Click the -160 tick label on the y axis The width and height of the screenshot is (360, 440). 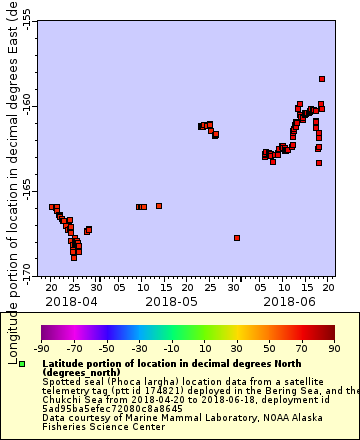[x=27, y=105]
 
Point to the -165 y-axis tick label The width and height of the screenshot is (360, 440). [x=27, y=190]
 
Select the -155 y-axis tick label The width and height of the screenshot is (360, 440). [x=27, y=21]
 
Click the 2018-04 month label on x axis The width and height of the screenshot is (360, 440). [x=71, y=300]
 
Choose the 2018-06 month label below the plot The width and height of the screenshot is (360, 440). [x=291, y=300]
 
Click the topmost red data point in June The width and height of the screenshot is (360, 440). [x=322, y=79]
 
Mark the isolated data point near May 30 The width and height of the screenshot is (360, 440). [x=237, y=238]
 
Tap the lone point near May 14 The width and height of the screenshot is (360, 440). [x=159, y=206]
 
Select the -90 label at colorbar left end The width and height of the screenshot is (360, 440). [x=41, y=348]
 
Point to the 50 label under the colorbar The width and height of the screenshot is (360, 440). [x=270, y=348]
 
